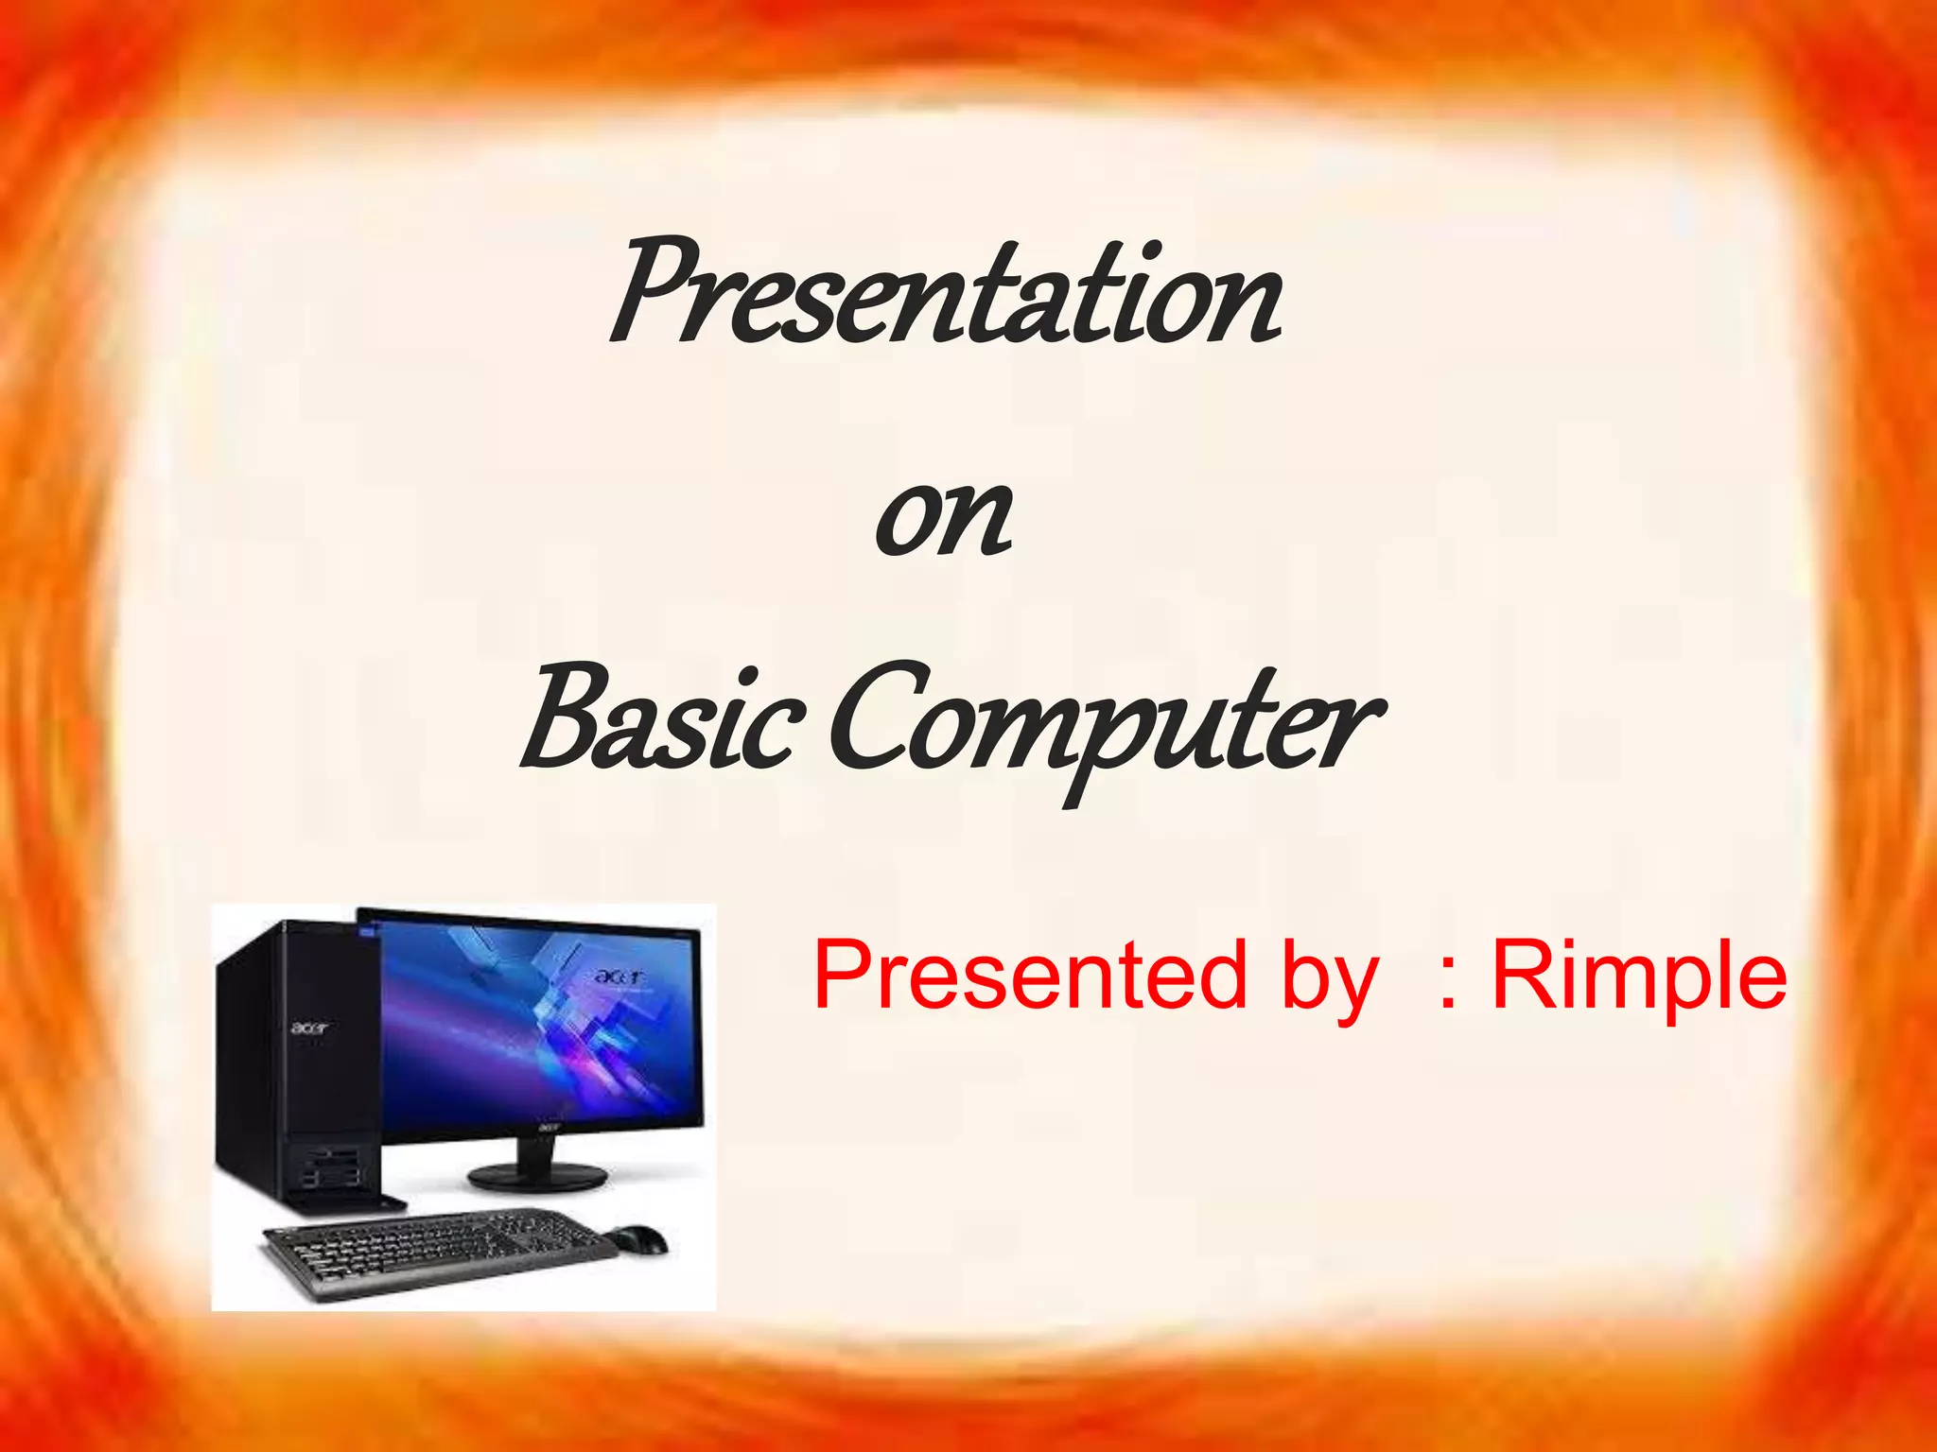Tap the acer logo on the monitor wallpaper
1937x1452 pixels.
(619, 976)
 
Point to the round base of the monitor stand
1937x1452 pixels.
(536, 1176)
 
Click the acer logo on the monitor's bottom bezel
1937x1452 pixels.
(550, 1127)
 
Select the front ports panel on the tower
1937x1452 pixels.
(331, 1168)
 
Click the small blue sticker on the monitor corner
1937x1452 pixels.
(368, 935)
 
